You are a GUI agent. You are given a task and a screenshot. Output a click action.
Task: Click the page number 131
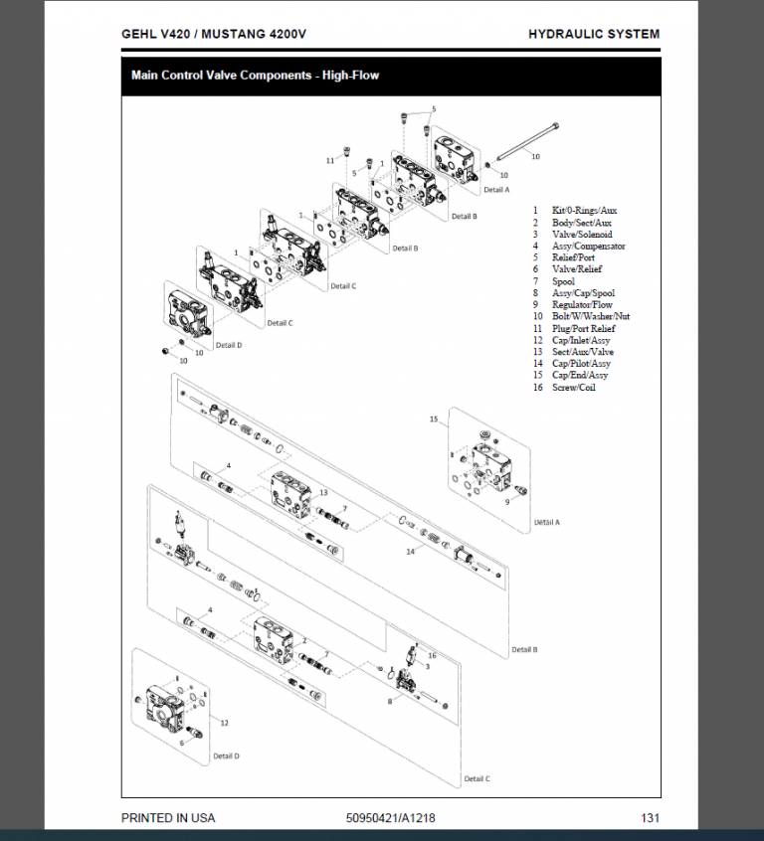650,818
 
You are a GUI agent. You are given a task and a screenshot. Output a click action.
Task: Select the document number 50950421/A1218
390,818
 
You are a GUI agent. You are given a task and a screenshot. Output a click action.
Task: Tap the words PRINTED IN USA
167,818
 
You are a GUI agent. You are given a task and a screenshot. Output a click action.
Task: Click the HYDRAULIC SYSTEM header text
594,34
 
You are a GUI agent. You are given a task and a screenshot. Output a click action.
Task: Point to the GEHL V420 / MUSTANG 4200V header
213,34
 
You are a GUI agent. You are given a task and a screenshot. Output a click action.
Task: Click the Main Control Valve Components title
256,75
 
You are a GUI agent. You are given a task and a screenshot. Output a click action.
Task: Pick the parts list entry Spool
563,281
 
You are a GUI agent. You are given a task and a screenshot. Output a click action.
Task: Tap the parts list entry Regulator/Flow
582,304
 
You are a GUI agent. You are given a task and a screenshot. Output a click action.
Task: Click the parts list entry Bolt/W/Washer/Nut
591,316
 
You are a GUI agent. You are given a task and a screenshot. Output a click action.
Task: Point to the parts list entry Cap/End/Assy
581,376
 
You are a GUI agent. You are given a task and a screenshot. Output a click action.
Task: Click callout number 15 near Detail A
434,420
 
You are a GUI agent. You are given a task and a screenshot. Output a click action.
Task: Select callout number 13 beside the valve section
324,492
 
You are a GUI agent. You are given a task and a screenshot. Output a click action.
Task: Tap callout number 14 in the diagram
409,552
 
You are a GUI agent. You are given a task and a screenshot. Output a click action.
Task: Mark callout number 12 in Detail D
225,723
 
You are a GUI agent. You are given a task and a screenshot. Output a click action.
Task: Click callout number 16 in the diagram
432,655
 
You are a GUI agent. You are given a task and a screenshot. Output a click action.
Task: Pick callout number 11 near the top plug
330,160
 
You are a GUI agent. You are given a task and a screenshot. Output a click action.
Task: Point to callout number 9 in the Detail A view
507,503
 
